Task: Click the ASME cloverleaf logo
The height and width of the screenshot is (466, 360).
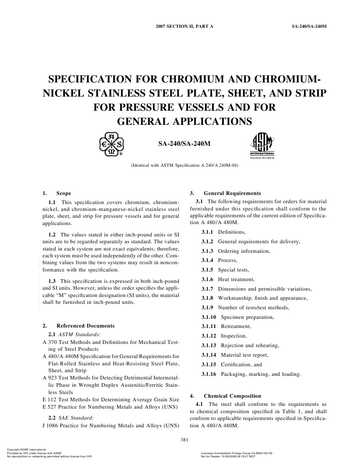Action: pyautogui.click(x=111, y=144)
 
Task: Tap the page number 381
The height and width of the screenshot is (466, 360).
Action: pyautogui.click(x=184, y=439)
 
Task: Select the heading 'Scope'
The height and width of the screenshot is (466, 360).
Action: pyautogui.click(x=63, y=193)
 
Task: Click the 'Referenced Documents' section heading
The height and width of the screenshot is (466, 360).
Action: pyautogui.click(x=85, y=326)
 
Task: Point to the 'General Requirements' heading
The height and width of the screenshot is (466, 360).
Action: pyautogui.click(x=232, y=193)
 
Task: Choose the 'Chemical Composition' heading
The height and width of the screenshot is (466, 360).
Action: pyautogui.click(x=233, y=396)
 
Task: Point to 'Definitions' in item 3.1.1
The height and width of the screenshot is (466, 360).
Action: pyautogui.click(x=232, y=232)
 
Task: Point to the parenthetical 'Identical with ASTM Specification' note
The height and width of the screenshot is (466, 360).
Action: pyautogui.click(x=184, y=166)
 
